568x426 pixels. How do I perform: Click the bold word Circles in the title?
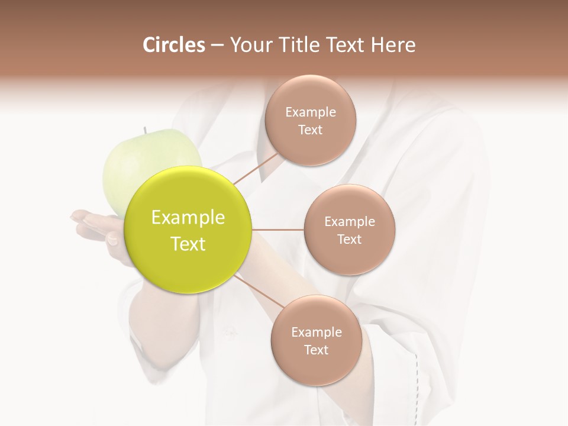click(173, 45)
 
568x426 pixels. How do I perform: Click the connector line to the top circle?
click(256, 168)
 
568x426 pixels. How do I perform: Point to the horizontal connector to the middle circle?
click(277, 230)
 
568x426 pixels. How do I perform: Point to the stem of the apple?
click(144, 130)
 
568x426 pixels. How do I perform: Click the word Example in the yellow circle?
click(188, 218)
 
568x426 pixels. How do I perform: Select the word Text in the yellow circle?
click(188, 244)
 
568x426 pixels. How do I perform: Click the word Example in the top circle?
click(311, 112)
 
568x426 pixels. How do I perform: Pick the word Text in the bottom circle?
click(316, 350)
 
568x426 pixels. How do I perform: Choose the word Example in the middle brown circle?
click(349, 221)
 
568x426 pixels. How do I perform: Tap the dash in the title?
click(217, 45)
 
